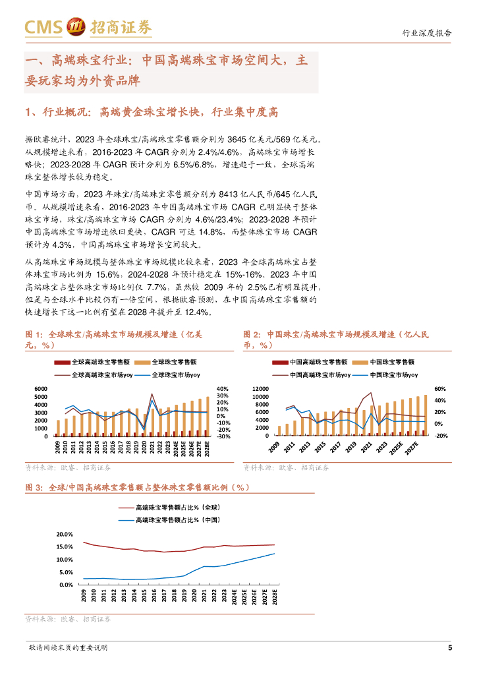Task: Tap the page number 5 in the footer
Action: point(450,647)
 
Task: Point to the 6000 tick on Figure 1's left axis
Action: point(41,389)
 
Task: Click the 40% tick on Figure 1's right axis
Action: point(222,389)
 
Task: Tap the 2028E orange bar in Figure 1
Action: point(208,416)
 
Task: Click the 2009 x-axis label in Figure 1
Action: point(58,448)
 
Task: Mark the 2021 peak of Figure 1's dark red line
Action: point(152,395)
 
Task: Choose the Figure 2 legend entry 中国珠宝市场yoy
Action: point(393,374)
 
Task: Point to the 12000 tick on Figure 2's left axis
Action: point(261,389)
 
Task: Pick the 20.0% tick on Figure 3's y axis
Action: point(65,534)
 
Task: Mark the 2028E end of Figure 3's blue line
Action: point(275,553)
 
